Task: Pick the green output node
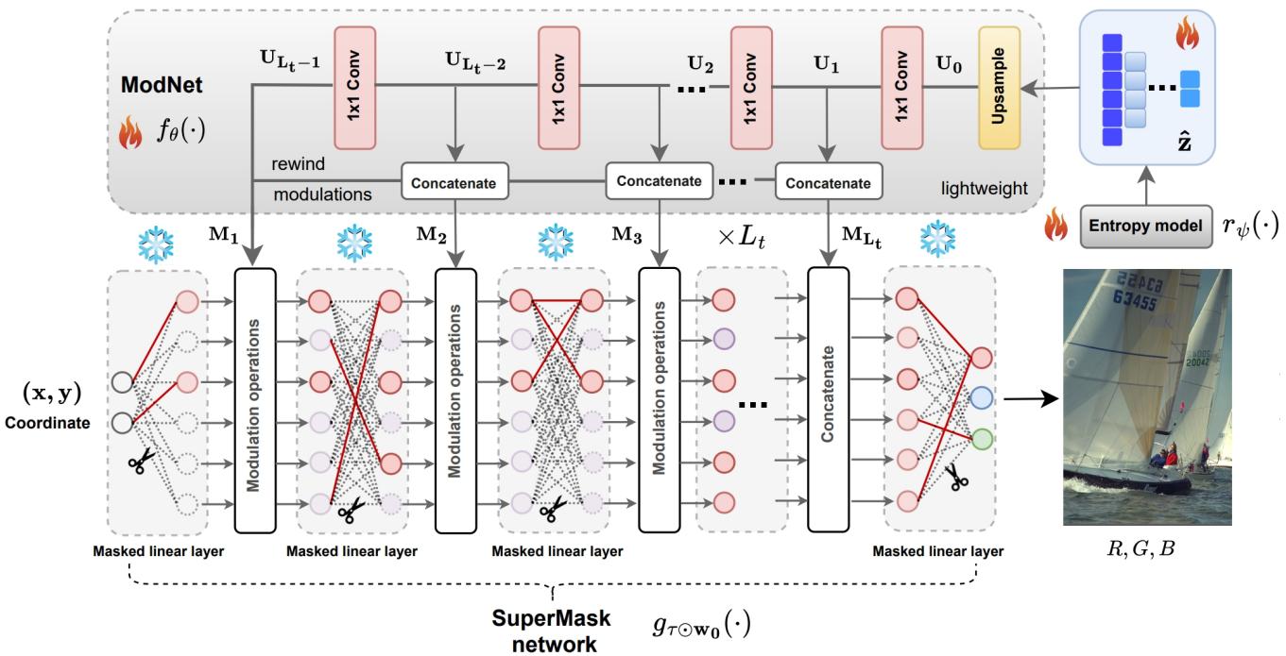tap(982, 438)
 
